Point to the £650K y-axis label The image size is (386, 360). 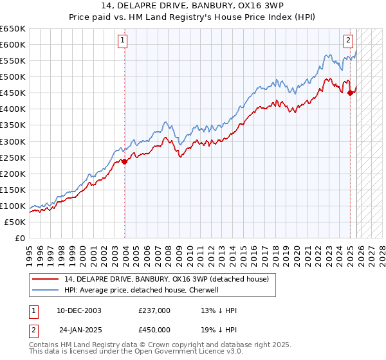(13, 28)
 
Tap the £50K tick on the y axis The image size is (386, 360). (15, 222)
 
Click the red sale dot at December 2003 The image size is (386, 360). (124, 161)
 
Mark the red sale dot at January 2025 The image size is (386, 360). (350, 93)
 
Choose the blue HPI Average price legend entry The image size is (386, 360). (142, 290)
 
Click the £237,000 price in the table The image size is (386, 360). (154, 310)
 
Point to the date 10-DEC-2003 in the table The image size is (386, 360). (80, 310)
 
